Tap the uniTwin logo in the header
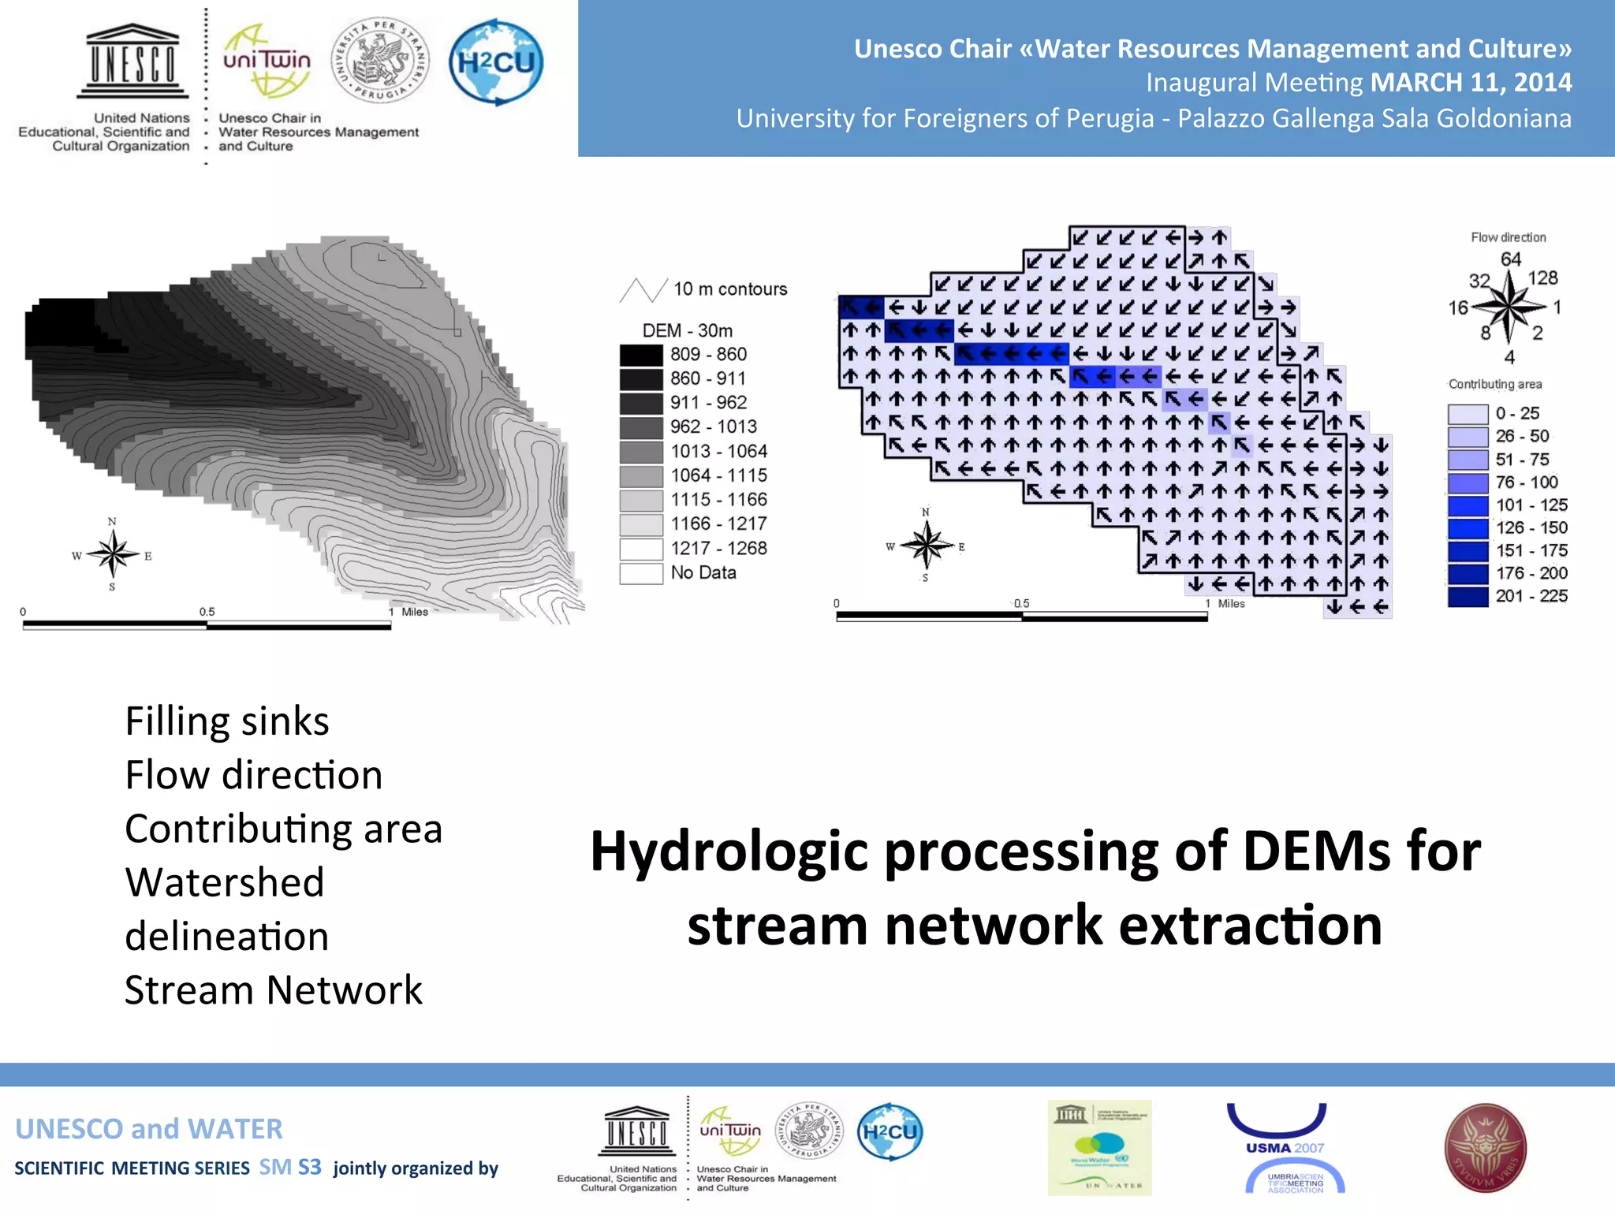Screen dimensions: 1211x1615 tap(267, 61)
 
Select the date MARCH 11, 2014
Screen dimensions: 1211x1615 tap(1471, 83)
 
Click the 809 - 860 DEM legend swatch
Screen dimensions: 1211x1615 tap(640, 355)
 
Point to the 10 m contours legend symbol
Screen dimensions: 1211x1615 tap(643, 290)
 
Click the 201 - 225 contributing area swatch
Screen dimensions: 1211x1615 tap(1467, 597)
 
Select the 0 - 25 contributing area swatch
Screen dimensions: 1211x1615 tap(1467, 414)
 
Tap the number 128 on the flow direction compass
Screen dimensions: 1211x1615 tap(1542, 278)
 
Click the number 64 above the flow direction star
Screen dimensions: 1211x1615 tap(1510, 259)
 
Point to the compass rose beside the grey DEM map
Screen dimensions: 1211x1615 tap(113, 554)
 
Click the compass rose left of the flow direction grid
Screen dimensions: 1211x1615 tap(927, 545)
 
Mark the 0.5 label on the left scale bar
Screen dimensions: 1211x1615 tap(207, 612)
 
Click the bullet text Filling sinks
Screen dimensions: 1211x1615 tap(227, 721)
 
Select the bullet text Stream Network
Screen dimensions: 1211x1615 tap(274, 990)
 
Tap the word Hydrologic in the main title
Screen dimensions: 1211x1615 tap(729, 851)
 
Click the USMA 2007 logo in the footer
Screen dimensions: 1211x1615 tap(1285, 1148)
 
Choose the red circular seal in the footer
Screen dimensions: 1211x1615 tap(1485, 1148)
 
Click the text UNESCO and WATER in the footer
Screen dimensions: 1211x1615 tap(149, 1129)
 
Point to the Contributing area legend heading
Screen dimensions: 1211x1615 tap(1494, 384)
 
